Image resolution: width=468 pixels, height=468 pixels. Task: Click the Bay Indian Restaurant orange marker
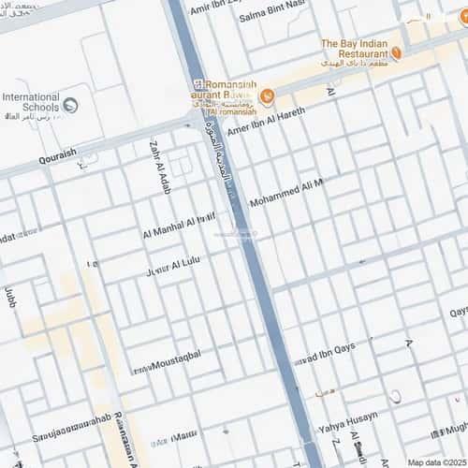396,53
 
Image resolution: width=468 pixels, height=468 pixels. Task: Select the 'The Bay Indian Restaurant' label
354,48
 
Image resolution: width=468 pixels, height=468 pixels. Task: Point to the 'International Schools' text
31,102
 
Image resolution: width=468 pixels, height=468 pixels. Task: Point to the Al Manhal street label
179,227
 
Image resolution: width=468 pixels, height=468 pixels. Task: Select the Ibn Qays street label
324,357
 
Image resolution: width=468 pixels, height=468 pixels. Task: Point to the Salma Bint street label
272,17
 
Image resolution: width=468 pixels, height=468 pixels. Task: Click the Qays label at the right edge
458,312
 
